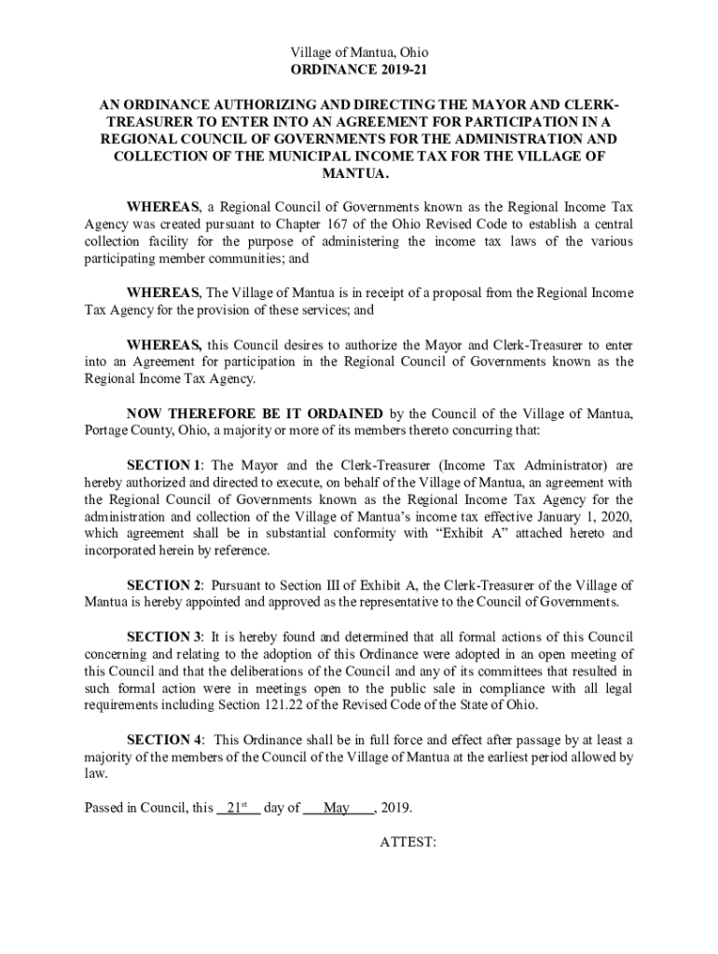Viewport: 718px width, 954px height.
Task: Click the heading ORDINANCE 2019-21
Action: pyautogui.click(x=359, y=70)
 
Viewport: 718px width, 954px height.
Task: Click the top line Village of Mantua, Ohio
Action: pyautogui.click(x=359, y=53)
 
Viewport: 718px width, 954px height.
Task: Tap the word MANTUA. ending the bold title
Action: pyautogui.click(x=359, y=174)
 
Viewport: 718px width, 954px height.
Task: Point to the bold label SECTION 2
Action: pyautogui.click(x=164, y=585)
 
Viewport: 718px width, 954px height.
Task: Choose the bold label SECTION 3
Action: pyautogui.click(x=164, y=636)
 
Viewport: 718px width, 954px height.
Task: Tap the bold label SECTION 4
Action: pyautogui.click(x=164, y=739)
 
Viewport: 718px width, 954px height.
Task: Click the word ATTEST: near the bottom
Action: pyautogui.click(x=408, y=842)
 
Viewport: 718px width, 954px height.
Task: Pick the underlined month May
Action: pyautogui.click(x=336, y=808)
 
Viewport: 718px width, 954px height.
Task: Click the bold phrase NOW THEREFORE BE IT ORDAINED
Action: pyautogui.click(x=254, y=414)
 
